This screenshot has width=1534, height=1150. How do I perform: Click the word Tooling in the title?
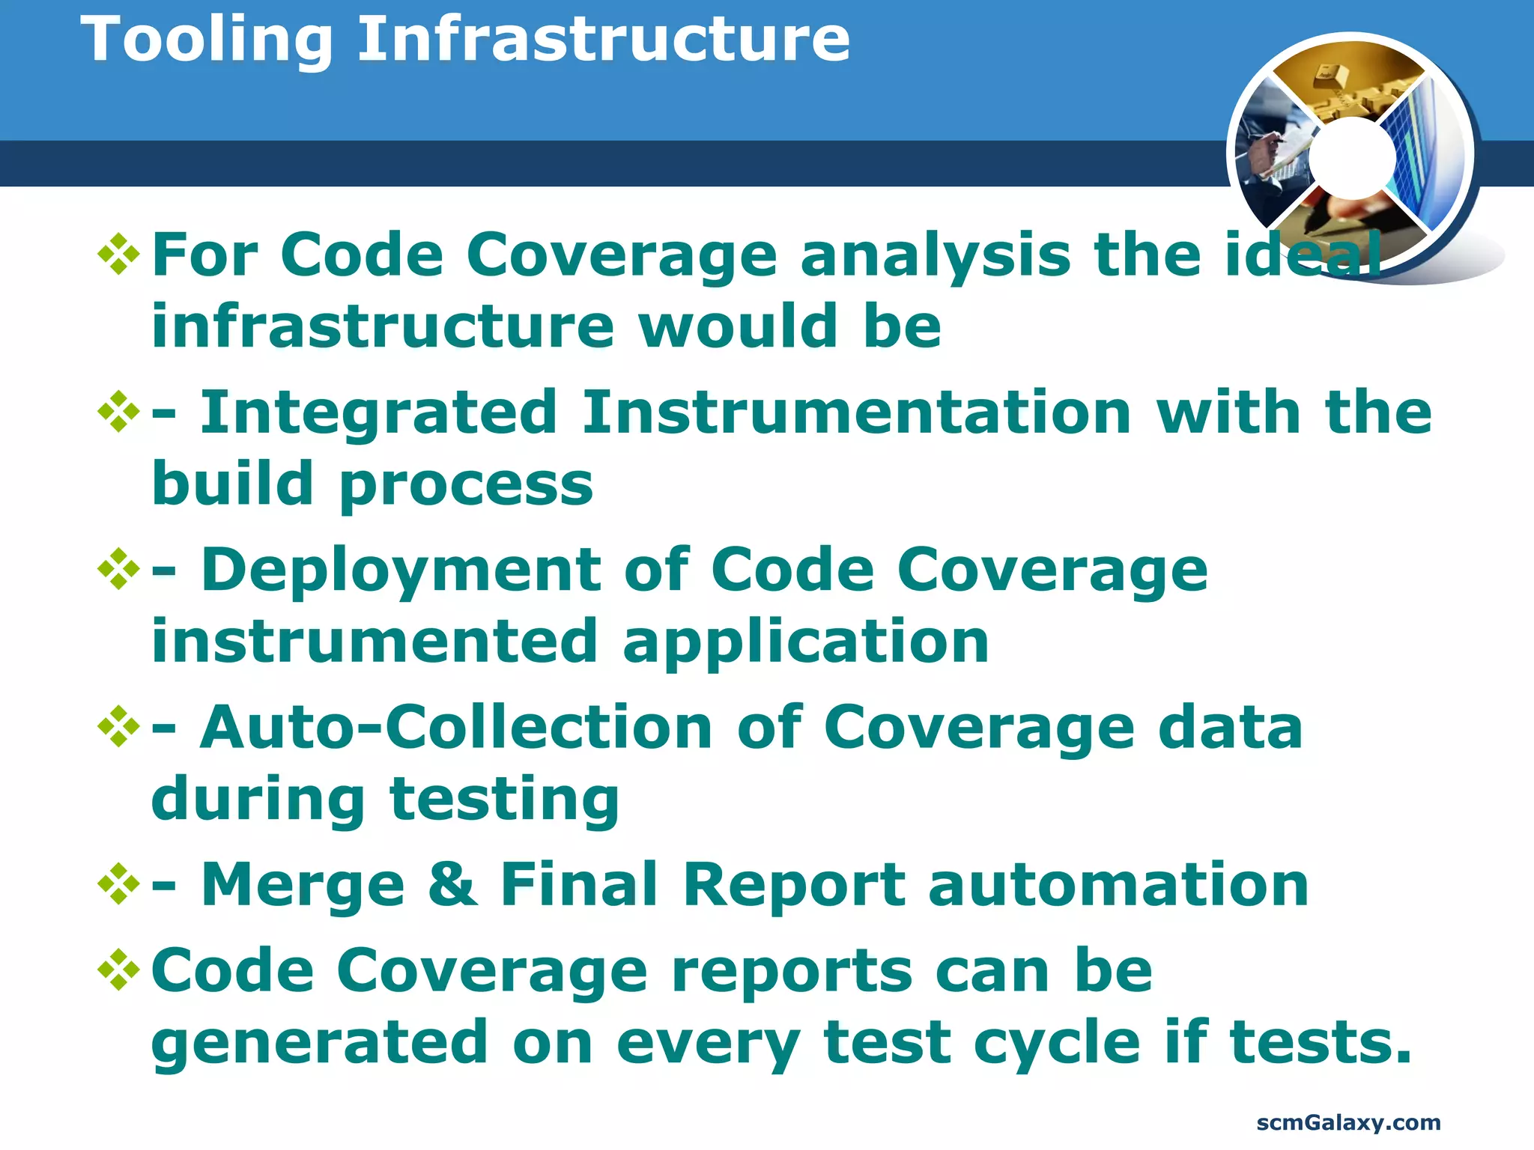(x=207, y=41)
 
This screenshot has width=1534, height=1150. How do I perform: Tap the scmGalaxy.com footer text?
(x=1348, y=1122)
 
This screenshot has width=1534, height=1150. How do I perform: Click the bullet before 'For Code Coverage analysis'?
(x=119, y=255)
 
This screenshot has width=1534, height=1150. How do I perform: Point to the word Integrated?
(x=378, y=413)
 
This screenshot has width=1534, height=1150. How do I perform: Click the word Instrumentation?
(x=856, y=413)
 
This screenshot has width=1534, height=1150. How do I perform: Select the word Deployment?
(x=400, y=571)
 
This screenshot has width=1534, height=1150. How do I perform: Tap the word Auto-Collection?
(x=456, y=728)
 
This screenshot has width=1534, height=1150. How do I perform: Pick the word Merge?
(x=303, y=885)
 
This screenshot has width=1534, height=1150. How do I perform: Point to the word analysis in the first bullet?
(x=936, y=255)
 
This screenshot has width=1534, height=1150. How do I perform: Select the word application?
(x=806, y=642)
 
